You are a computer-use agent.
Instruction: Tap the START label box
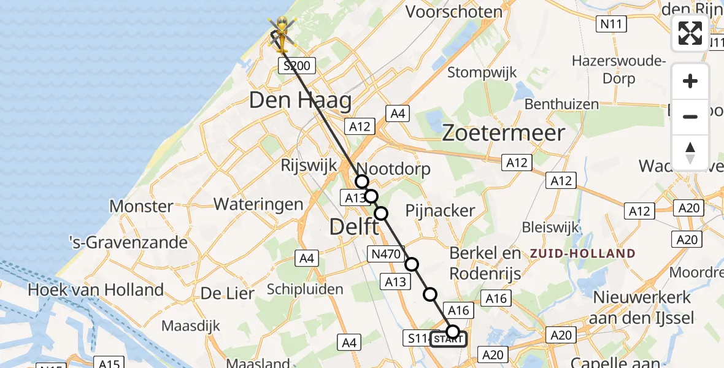(x=448, y=339)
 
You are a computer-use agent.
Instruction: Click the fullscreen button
(x=690, y=33)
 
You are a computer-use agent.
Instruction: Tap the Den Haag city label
(x=300, y=101)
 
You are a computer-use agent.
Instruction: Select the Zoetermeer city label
(x=504, y=132)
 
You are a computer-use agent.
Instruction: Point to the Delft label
(x=354, y=227)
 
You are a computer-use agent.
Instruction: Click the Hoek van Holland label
(x=96, y=289)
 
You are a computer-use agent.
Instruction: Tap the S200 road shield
(x=298, y=66)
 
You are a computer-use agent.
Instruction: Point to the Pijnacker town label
(x=440, y=210)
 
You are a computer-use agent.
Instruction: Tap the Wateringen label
(x=258, y=204)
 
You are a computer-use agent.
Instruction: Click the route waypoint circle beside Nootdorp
(x=362, y=182)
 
